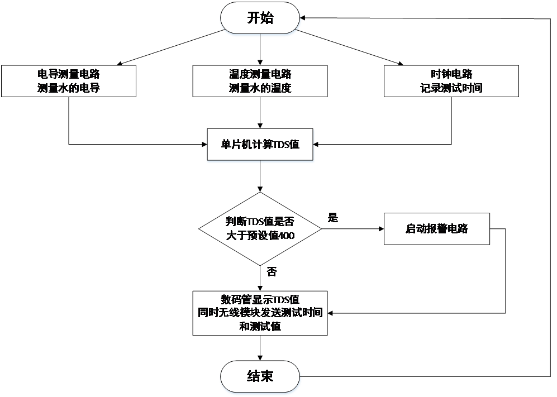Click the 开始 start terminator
(260, 18)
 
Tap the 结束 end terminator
(260, 376)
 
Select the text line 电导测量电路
(69, 74)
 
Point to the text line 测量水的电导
(69, 88)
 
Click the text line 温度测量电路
(260, 74)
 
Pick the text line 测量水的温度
(260, 88)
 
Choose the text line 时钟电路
(451, 74)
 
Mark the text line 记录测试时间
(451, 88)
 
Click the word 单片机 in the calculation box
(235, 144)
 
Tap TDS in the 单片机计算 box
(281, 144)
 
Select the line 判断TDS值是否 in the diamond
(260, 221)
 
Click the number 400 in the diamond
(285, 236)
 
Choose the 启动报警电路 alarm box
(437, 228)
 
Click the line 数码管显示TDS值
(260, 299)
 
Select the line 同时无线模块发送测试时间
(260, 313)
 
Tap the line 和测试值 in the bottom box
(260, 326)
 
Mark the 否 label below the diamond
(272, 272)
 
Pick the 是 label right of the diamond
(333, 218)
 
